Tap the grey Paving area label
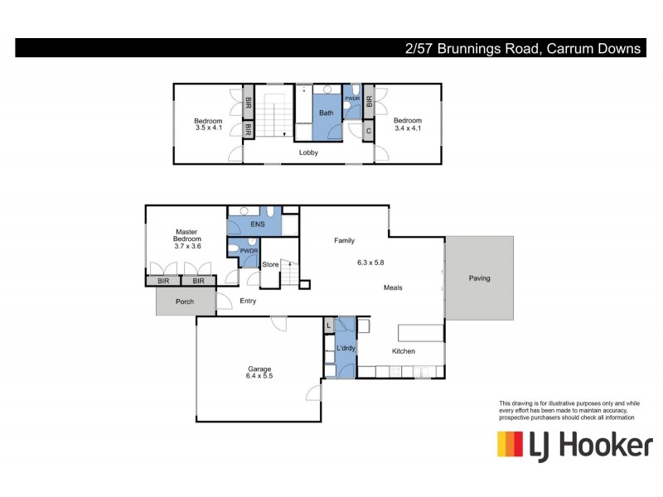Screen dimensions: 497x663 tap(479, 278)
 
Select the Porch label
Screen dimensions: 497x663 tap(184, 302)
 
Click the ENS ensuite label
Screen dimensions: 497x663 tap(254, 224)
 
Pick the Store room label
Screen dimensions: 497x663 tap(270, 265)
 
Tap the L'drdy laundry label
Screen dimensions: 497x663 tap(346, 349)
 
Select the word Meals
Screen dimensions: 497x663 tap(393, 287)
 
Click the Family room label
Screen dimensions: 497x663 tap(344, 241)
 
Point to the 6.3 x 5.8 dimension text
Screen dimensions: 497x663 tap(370, 263)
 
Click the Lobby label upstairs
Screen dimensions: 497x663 tap(308, 152)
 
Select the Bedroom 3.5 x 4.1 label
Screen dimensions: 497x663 tap(209, 124)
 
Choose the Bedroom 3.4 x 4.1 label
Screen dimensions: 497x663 tap(407, 124)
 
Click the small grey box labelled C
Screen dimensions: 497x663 tap(369, 131)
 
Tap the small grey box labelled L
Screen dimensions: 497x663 tap(329, 326)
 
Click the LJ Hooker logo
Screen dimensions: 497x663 tap(573, 445)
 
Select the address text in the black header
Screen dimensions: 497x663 tap(523, 49)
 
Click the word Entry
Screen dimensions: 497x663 tap(248, 301)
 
